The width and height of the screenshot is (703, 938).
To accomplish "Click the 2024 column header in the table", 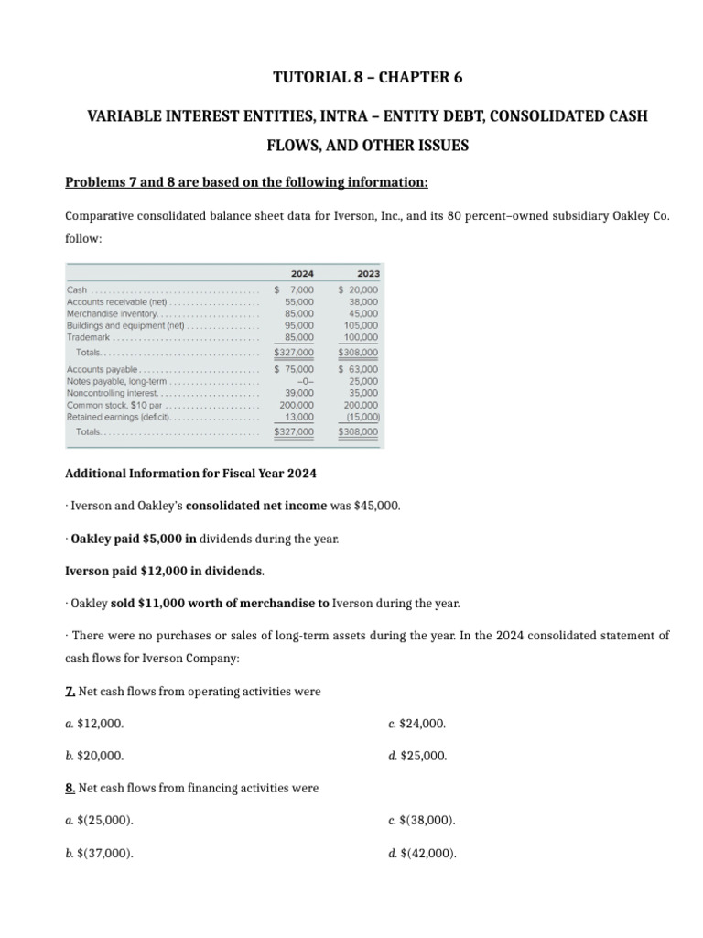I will coord(302,273).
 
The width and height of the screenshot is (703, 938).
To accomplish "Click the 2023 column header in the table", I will coord(369,273).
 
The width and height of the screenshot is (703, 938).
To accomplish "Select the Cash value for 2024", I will coord(295,289).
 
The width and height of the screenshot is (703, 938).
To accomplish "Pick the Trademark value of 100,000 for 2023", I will coord(359,337).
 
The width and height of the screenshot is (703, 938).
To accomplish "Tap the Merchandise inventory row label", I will coord(113,313).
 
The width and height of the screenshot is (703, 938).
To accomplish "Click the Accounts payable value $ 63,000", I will coord(359,369).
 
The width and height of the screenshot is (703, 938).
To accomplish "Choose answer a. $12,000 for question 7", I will coord(95,724).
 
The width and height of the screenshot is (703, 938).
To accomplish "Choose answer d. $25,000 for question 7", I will coord(417,756).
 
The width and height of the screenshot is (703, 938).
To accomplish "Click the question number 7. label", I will coord(70,692).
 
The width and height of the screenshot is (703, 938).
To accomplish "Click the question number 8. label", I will coord(70,788).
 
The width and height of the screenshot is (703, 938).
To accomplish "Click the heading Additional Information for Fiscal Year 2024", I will coord(191,474).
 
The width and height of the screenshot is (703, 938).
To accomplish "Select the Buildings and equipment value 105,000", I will coord(359,325).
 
